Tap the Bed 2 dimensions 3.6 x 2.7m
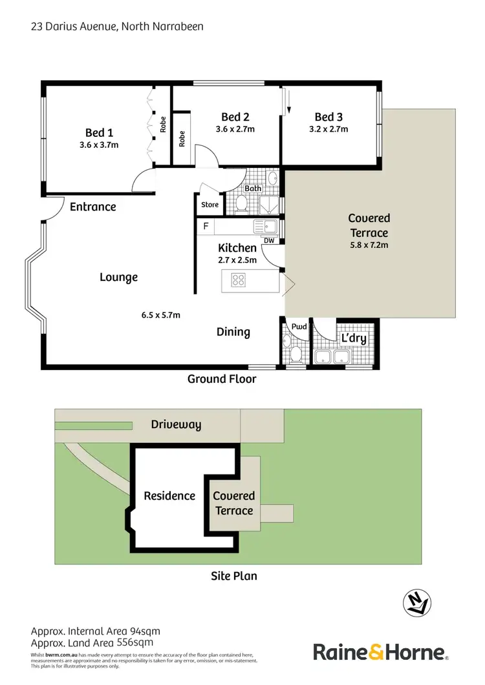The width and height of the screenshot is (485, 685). click(235, 128)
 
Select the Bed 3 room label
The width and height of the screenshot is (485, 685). click(329, 117)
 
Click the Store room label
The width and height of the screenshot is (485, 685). click(210, 205)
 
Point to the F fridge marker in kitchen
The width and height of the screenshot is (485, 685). click(206, 227)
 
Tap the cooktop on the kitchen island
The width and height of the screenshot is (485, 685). click(239, 280)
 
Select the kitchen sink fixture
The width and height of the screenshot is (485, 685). click(265, 226)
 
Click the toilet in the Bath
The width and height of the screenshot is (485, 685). click(242, 203)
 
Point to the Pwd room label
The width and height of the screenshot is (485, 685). click(298, 327)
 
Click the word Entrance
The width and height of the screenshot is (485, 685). click(92, 207)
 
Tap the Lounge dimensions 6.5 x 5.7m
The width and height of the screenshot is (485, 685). click(160, 315)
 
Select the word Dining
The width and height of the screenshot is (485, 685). click(233, 332)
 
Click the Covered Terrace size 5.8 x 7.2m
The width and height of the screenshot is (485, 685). click(369, 245)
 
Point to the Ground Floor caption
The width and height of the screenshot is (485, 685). click(222, 379)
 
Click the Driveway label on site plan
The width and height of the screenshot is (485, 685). click(176, 425)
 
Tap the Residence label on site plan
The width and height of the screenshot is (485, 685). click(169, 496)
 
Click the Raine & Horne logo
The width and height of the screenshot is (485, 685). click(381, 651)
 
